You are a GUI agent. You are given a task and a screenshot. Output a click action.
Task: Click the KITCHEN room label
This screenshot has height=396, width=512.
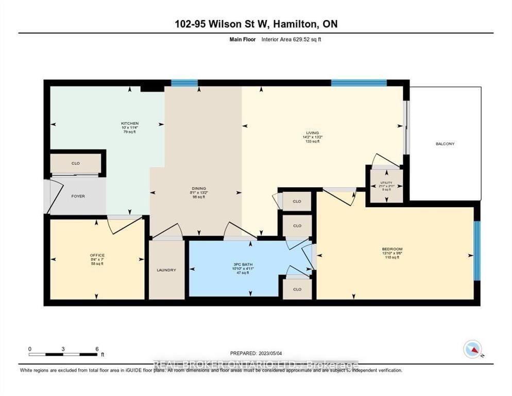130,124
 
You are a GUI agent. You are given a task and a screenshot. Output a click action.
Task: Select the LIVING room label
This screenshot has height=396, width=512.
313,133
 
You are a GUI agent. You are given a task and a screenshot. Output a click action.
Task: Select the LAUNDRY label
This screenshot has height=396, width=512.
167,270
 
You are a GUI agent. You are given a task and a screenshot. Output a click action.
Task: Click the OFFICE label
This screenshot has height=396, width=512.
97,255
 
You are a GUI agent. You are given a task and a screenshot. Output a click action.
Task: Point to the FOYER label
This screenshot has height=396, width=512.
78,196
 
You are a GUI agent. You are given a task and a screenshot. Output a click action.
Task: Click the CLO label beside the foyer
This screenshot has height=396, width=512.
75,163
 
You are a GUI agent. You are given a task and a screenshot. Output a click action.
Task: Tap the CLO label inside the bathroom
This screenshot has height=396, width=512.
297,289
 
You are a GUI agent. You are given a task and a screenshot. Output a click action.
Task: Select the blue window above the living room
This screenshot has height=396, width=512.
359,82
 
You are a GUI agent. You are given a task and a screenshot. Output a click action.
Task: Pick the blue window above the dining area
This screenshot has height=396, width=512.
184,82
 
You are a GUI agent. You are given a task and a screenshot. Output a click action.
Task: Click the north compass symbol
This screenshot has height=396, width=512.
473,349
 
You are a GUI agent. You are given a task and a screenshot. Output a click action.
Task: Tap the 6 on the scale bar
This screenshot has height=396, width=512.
97,349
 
